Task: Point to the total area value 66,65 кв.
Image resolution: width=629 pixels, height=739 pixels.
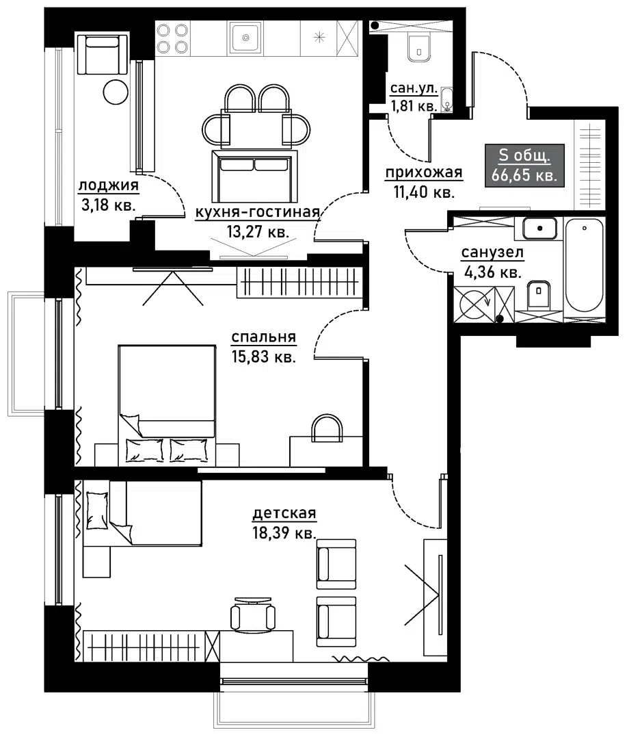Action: coord(524,175)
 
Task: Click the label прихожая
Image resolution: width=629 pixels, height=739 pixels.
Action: coord(424,172)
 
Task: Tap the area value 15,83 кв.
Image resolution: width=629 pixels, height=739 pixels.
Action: coord(263,356)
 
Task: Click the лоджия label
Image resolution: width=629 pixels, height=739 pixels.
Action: coord(109,185)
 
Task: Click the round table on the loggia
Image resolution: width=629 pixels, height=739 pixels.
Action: coord(116,91)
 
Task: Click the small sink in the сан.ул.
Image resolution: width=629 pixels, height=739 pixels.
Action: coord(446,100)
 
